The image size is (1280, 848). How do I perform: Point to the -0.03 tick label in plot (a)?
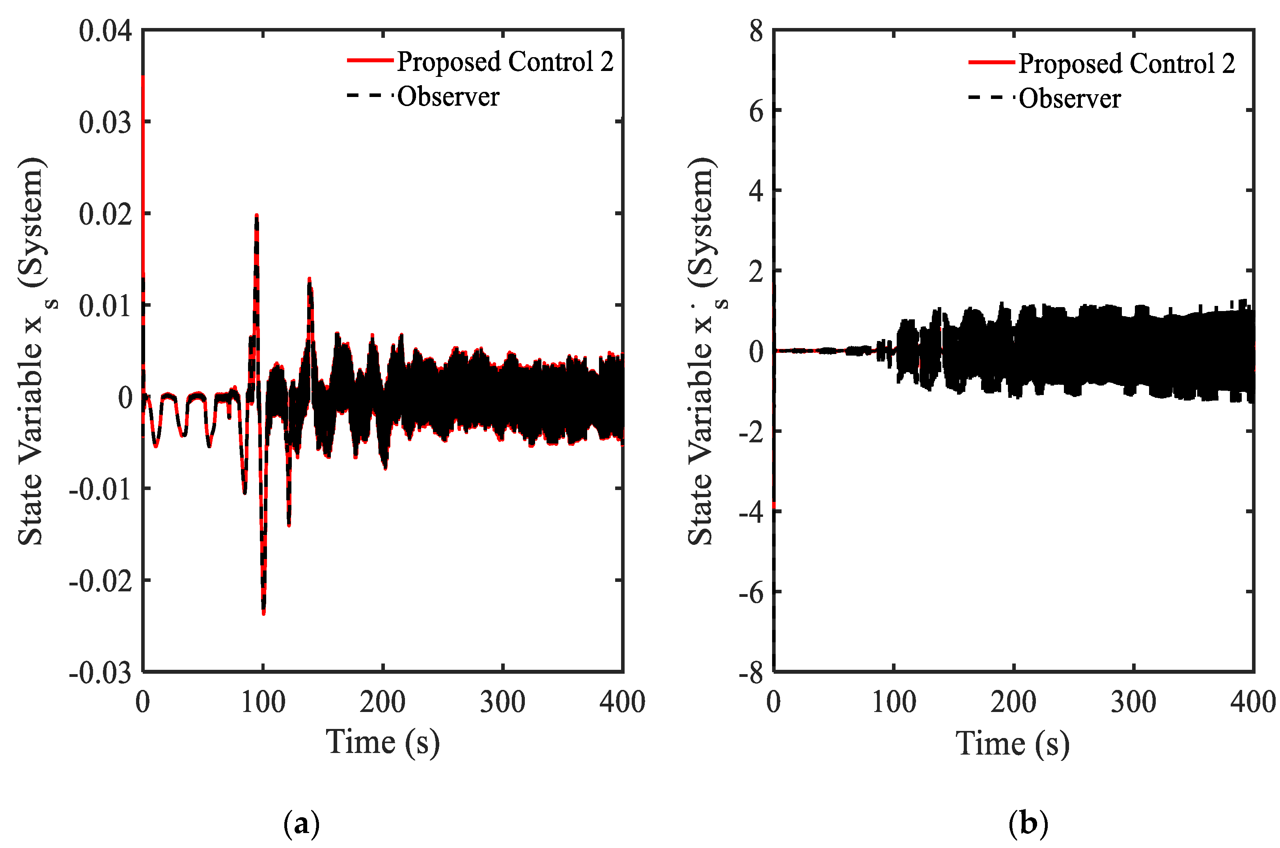(101, 673)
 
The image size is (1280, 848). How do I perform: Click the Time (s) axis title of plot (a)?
(383, 742)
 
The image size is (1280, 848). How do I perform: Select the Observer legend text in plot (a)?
(448, 97)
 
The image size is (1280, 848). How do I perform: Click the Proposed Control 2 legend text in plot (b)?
(1126, 64)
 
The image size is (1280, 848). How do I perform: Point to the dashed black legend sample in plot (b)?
(991, 98)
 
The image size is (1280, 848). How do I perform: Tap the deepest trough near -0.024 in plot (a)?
(263, 613)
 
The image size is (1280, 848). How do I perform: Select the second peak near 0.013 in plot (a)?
(309, 279)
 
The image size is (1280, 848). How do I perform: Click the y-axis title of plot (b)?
(702, 352)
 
